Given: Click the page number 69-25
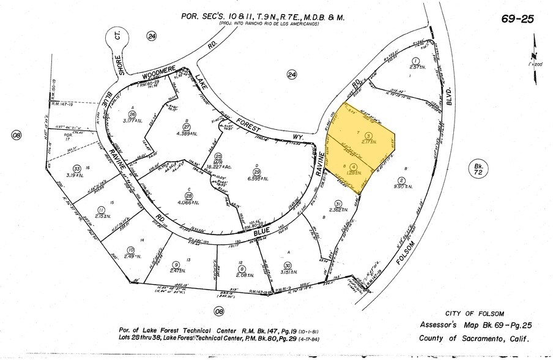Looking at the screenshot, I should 518,19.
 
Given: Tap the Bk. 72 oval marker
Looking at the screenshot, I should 478,168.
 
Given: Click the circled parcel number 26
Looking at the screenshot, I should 132,114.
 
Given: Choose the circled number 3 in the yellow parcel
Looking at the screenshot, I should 368,135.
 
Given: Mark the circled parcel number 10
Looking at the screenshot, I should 131,249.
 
